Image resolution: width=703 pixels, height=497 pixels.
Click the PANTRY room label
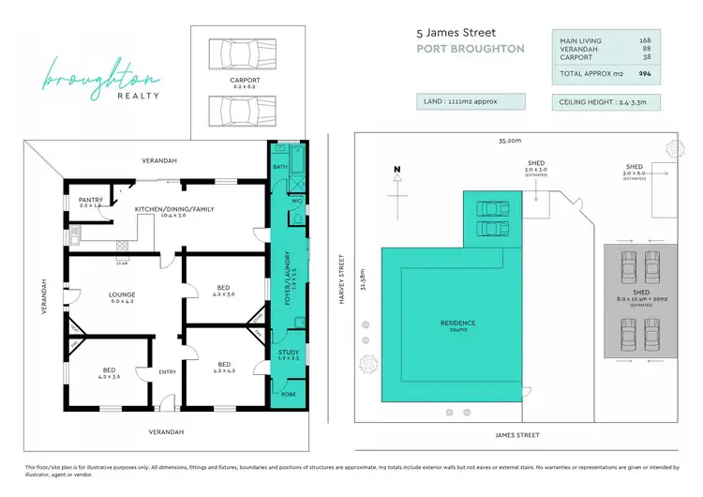[91, 199]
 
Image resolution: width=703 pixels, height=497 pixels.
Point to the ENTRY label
[168, 372]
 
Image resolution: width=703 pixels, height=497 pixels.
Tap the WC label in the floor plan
[296, 201]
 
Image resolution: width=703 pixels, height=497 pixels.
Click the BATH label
[280, 167]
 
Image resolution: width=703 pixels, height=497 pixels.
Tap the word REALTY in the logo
[138, 95]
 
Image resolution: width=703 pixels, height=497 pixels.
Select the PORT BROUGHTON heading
[471, 49]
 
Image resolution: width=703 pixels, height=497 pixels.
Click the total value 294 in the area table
[645, 73]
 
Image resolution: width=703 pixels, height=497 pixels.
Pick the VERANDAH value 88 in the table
[645, 50]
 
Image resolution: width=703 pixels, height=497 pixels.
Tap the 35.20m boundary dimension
[509, 140]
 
